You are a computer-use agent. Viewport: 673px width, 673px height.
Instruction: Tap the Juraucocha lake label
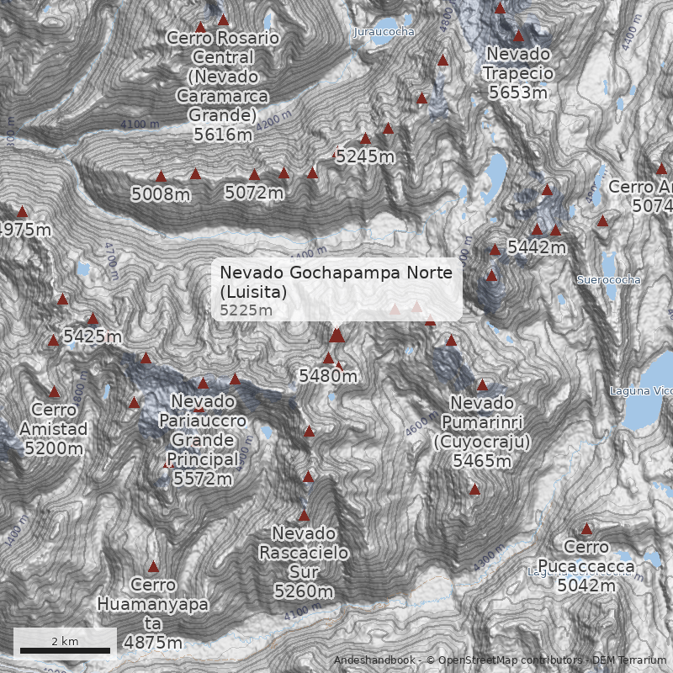pos(384,32)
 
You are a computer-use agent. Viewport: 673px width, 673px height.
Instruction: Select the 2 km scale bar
pos(65,649)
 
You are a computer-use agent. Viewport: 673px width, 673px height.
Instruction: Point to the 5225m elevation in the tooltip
pos(246,310)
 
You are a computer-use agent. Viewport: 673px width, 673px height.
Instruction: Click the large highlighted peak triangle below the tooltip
pos(337,336)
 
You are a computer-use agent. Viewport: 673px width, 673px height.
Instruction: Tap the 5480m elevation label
pos(328,376)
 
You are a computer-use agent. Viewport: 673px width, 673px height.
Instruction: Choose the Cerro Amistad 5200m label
pos(54,429)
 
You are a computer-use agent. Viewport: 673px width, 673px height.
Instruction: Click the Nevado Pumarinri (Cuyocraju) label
pos(481,431)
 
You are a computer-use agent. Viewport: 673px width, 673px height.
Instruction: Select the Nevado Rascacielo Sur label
pos(304,562)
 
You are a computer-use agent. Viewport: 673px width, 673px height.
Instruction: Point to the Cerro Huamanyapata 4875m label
pos(152,613)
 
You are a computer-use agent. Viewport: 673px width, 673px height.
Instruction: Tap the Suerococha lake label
pos(609,279)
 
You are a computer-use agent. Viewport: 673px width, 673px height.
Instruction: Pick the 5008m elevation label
pos(161,194)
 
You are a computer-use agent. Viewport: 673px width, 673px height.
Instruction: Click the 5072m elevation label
pos(254,193)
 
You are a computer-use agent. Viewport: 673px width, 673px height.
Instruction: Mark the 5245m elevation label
pos(365,156)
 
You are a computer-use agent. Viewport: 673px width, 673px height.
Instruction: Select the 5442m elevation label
pos(536,247)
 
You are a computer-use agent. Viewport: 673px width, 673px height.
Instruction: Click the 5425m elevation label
pos(93,337)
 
